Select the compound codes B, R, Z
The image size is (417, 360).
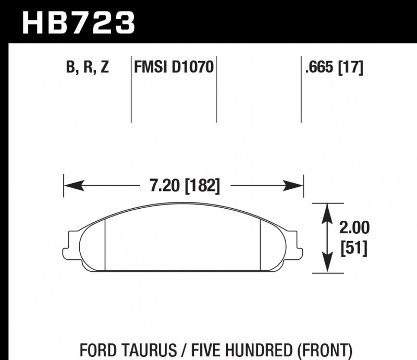[88, 68]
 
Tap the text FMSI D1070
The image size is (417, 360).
[174, 68]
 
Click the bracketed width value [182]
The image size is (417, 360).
[201, 186]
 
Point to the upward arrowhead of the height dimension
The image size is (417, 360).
[326, 209]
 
